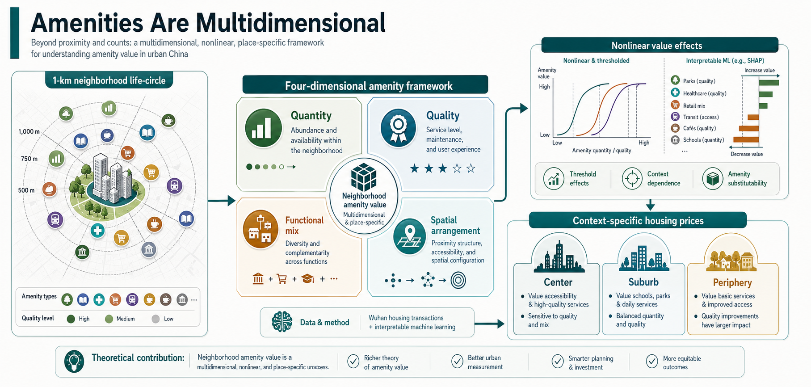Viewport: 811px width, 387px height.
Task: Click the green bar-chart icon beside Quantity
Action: [x=264, y=128]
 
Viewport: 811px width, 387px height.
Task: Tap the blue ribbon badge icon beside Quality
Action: [x=398, y=128]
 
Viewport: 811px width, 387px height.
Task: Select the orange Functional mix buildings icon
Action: [x=261, y=228]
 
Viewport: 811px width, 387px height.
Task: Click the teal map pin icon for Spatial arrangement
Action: [x=410, y=236]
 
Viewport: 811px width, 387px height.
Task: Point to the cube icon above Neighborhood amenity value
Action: [x=364, y=177]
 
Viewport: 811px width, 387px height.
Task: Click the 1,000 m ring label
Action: [x=29, y=131]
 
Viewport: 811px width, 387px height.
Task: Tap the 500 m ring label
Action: [x=26, y=190]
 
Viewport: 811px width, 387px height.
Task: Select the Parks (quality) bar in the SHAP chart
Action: [x=769, y=83]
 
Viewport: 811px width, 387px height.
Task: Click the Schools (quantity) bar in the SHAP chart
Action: [x=746, y=140]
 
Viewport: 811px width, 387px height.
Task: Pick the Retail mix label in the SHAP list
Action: [x=694, y=106]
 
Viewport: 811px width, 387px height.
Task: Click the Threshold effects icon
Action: [x=554, y=178]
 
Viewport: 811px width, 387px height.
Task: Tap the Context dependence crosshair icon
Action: [x=632, y=178]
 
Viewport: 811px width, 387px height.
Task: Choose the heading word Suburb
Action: [x=643, y=282]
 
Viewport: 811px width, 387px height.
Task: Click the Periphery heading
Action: [x=732, y=282]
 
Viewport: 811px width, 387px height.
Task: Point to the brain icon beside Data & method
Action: [x=282, y=322]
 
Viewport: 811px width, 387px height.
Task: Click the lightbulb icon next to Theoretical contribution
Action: [x=74, y=361]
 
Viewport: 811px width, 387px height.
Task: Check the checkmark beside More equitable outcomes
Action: [x=652, y=361]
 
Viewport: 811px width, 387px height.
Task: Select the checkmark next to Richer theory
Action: [x=353, y=361]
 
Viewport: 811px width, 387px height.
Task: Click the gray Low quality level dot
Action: [x=155, y=319]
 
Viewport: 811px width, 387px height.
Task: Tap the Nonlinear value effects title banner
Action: [x=660, y=46]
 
